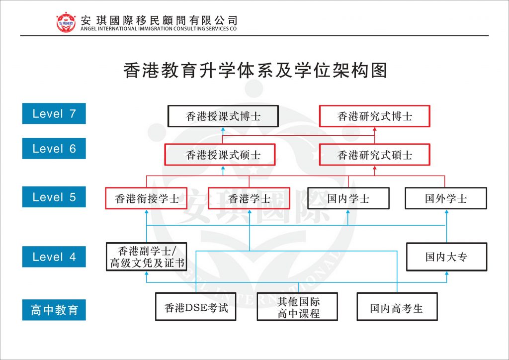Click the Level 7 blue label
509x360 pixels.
(54, 113)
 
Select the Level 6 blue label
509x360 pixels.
(54, 149)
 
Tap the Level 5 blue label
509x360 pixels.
(54, 197)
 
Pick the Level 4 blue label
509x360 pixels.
(54, 257)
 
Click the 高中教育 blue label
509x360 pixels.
(54, 310)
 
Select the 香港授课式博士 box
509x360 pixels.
(223, 116)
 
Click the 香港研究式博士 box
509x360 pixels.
(374, 116)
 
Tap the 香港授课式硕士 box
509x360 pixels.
(223, 155)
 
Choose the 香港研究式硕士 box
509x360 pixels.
(374, 155)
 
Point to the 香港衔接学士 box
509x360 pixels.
(147, 198)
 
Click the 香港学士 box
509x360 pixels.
(249, 198)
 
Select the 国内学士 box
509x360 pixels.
(348, 198)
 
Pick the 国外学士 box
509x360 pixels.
(446, 198)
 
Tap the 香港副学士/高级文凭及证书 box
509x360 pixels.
(147, 257)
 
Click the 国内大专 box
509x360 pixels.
(446, 257)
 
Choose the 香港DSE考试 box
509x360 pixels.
(196, 307)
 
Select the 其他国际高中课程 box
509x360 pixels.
(297, 307)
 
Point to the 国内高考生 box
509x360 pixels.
(396, 307)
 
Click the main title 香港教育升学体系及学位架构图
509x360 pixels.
(255, 71)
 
